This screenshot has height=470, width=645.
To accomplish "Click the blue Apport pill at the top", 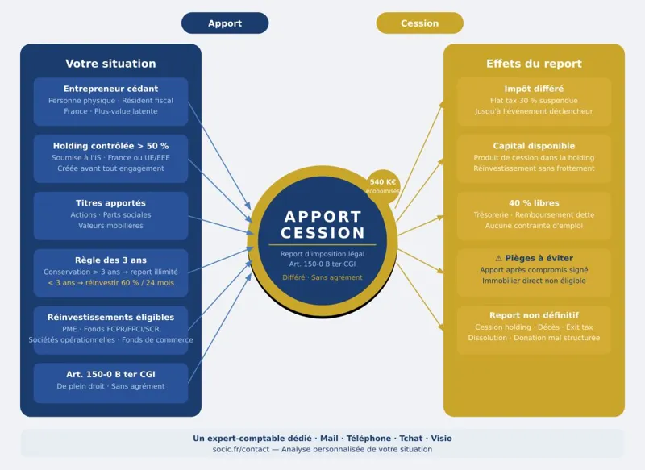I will [x=225, y=23].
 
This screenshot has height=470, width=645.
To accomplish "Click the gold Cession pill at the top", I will [x=419, y=23].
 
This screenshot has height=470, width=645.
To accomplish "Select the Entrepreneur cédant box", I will [x=110, y=101].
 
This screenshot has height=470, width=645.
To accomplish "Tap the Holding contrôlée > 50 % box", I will [x=110, y=158].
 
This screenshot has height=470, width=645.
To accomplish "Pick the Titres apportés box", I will [x=110, y=215].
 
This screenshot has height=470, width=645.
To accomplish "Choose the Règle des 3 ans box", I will [x=110, y=272].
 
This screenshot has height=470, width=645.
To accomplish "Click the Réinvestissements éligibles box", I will [x=110, y=329].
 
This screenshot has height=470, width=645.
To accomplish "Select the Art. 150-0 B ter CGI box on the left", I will [x=110, y=382].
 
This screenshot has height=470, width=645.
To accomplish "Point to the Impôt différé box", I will [x=534, y=101].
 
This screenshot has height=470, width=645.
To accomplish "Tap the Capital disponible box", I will [x=534, y=158].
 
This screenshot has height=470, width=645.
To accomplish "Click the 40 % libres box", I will [x=534, y=215].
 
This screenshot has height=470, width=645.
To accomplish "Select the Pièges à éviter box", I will [x=534, y=272].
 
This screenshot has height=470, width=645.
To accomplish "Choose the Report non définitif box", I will [x=534, y=329].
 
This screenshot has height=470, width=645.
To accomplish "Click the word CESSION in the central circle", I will [x=322, y=233].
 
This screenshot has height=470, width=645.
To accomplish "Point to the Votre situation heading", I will [x=110, y=64].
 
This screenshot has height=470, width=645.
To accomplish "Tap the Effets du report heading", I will [x=534, y=64].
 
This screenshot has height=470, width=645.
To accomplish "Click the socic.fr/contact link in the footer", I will [x=239, y=449].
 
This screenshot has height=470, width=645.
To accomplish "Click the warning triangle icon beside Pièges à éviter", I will [x=498, y=258].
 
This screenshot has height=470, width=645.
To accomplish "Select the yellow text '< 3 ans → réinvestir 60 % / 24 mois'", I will [x=110, y=283].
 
